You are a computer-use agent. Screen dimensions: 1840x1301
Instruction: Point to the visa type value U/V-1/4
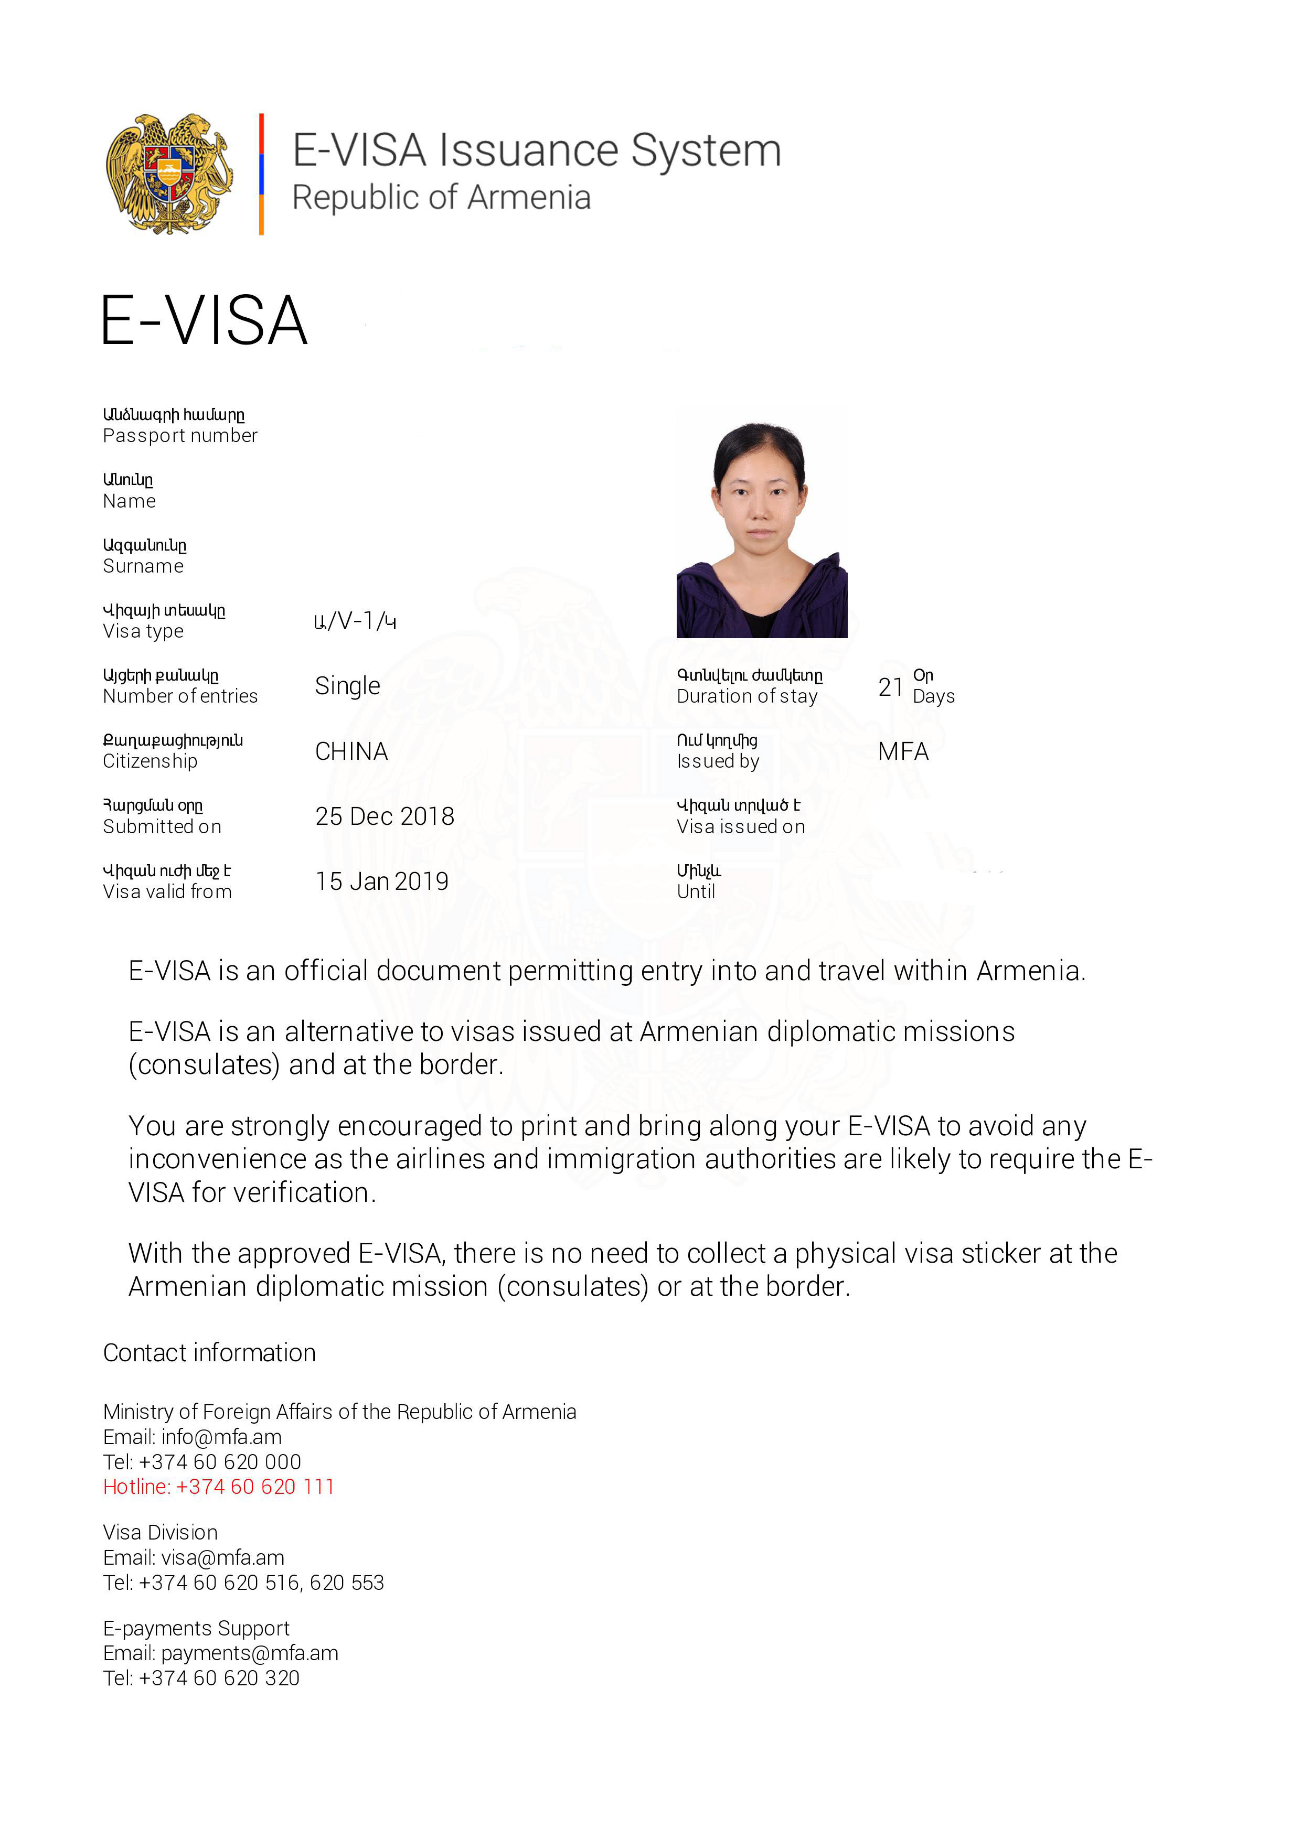click(355, 621)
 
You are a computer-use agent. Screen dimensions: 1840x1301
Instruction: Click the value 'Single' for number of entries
click(347, 686)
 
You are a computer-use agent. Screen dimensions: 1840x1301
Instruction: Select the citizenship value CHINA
click(351, 752)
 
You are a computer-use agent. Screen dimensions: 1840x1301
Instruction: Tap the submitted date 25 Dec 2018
click(384, 816)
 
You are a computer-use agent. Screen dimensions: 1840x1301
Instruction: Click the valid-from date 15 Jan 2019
click(381, 881)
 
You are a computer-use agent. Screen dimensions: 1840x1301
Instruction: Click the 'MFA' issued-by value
click(903, 752)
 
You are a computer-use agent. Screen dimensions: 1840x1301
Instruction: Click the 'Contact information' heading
click(209, 1353)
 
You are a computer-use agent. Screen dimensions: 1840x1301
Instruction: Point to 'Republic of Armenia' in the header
click(441, 198)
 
